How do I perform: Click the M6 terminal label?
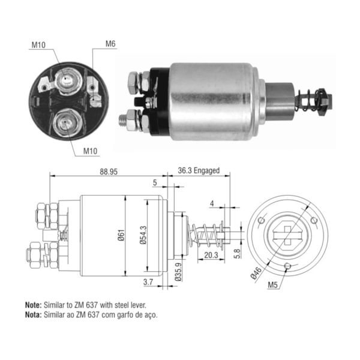(x=110, y=44)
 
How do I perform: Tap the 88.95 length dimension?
(x=109, y=172)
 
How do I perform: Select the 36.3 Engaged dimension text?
(x=199, y=170)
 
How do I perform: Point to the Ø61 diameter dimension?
(x=121, y=235)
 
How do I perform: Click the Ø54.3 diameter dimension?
(x=143, y=235)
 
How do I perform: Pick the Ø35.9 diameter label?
(x=178, y=272)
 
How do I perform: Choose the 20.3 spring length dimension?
(x=211, y=255)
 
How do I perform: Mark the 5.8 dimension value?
(x=237, y=254)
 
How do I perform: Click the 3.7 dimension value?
(x=148, y=282)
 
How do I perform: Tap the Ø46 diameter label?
(x=256, y=273)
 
